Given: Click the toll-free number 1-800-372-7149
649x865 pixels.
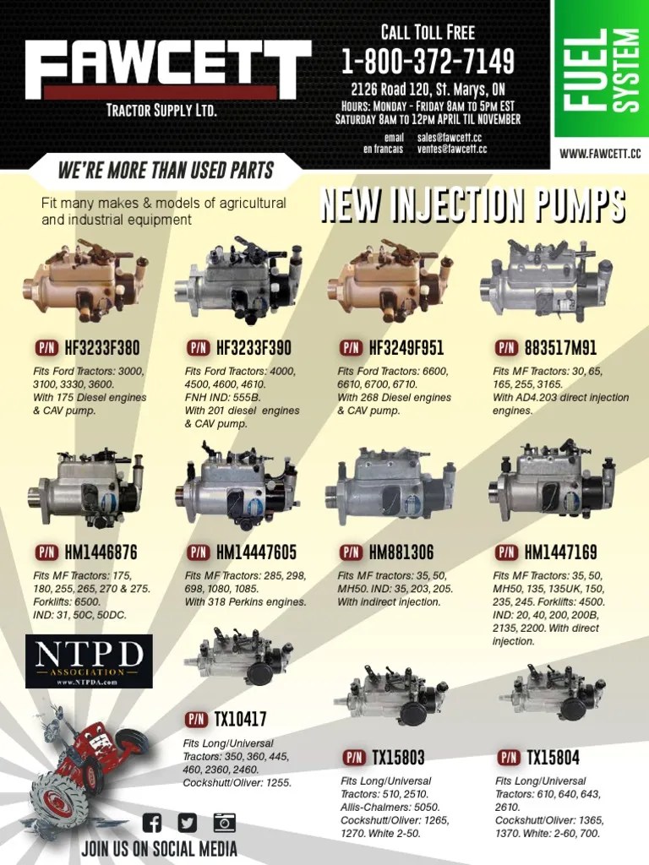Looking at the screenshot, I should tap(428, 63).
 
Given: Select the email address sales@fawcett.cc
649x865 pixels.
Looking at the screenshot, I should tap(449, 137).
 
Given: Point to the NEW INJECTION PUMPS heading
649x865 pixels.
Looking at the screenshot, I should tap(472, 207).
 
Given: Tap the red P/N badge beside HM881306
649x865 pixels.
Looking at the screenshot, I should tap(351, 553).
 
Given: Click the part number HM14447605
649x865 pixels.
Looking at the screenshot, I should tap(256, 553).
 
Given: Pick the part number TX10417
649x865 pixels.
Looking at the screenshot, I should tap(241, 720).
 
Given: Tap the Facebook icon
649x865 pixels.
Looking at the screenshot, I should tap(153, 822).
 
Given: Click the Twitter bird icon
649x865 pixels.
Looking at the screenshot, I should tap(187, 822).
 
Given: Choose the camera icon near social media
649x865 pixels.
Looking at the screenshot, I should tap(224, 822).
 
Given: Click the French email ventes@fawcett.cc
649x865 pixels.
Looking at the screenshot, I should tap(451, 149).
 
